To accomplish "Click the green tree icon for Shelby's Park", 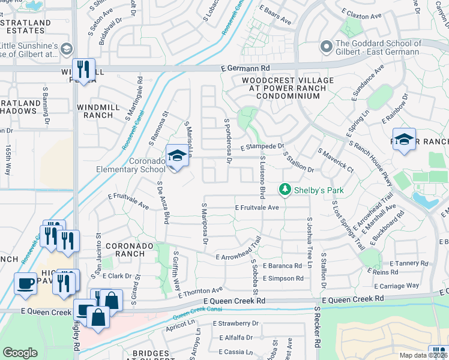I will [x=286, y=190].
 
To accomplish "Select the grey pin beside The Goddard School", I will [x=327, y=46].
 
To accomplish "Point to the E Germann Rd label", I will [x=245, y=68].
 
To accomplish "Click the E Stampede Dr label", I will [x=262, y=146].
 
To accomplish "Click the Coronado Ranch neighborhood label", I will [x=125, y=250].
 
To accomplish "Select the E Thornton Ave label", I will [x=201, y=291].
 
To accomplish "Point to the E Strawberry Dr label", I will [x=235, y=323].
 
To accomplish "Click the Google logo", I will [x=20, y=353].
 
